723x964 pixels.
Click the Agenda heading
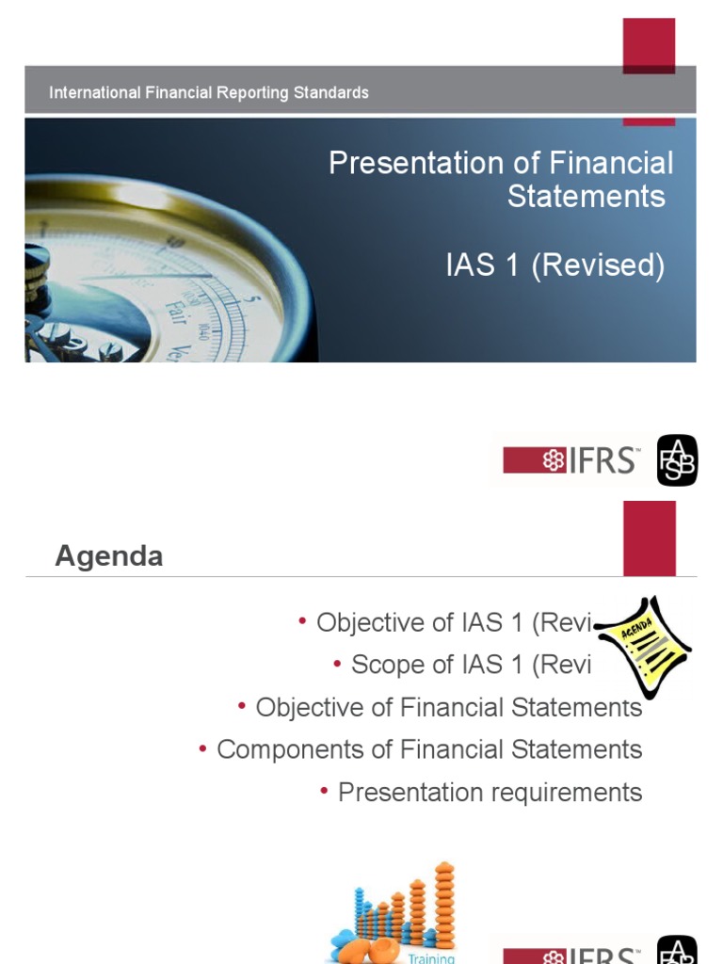108,556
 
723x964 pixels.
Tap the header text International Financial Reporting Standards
208,93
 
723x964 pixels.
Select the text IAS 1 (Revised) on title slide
554,265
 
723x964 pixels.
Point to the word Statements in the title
586,196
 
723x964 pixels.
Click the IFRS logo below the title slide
571,460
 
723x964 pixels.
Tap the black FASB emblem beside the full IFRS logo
677,460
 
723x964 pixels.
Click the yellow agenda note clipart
645,646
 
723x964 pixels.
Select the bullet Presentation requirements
490,793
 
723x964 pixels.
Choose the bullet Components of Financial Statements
429,749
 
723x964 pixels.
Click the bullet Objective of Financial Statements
448,707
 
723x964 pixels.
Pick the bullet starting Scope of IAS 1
471,665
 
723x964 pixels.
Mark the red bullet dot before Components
203,747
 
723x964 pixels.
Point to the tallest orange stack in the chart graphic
444,904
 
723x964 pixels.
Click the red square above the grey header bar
649,45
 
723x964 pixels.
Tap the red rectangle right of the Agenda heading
649,537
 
